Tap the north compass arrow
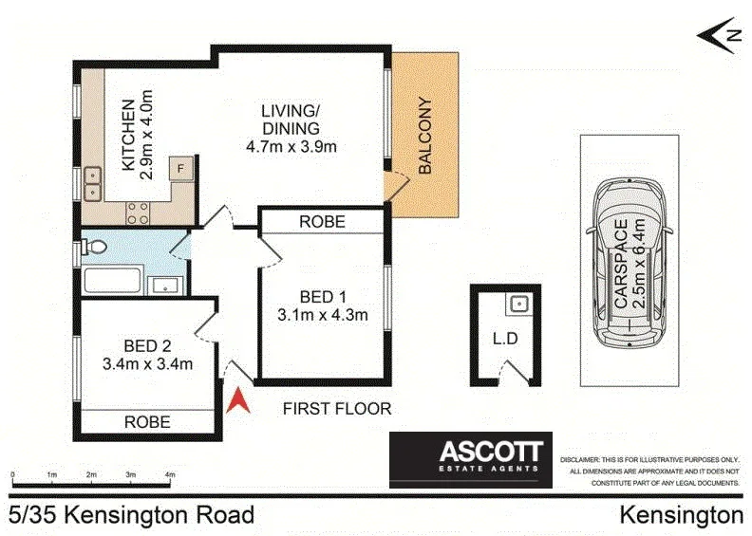click(x=719, y=34)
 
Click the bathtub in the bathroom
click(x=112, y=282)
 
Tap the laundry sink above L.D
click(x=517, y=305)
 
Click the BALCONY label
click(x=424, y=136)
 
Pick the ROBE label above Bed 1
click(x=322, y=221)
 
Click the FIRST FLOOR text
click(x=337, y=409)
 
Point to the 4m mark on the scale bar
click(x=170, y=473)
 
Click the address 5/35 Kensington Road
click(x=131, y=515)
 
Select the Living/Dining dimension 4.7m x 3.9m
click(x=291, y=146)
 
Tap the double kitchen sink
click(x=93, y=183)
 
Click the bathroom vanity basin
click(x=163, y=284)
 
